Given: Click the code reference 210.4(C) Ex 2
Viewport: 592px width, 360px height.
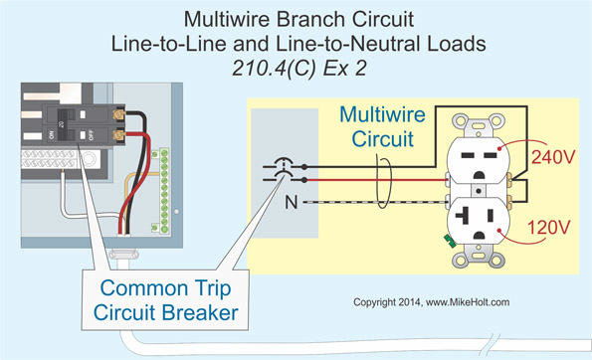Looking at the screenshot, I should [296, 65].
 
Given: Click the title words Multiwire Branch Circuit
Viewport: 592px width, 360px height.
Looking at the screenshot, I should [296, 20].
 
